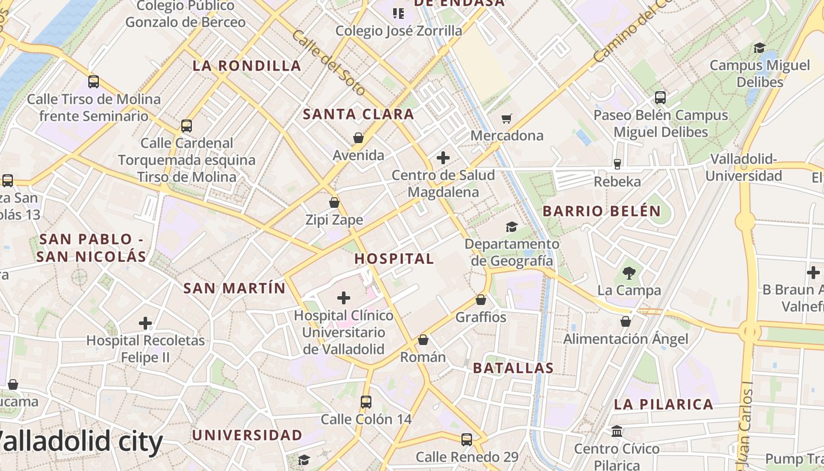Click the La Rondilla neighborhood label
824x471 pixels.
(247, 65)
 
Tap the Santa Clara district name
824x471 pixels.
(358, 114)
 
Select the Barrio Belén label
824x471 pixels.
(602, 211)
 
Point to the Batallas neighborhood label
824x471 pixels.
(513, 368)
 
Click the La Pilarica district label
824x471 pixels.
(663, 404)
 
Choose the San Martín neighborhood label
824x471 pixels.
(234, 288)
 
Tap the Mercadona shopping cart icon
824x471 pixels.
(506, 119)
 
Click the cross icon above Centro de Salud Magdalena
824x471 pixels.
(443, 158)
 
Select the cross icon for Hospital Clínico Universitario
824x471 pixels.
(343, 298)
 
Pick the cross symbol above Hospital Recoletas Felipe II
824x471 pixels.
(145, 323)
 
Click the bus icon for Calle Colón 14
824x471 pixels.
(366, 402)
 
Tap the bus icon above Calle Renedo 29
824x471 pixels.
(467, 439)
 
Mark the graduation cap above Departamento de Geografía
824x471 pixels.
(511, 227)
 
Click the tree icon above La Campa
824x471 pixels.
(629, 273)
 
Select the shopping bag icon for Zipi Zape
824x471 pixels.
(334, 203)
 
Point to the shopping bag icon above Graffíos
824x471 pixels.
(481, 300)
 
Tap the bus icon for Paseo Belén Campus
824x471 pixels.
(660, 98)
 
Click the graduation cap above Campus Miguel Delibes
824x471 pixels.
(759, 48)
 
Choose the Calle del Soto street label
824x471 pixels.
(328, 63)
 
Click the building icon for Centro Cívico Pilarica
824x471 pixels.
(617, 432)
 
